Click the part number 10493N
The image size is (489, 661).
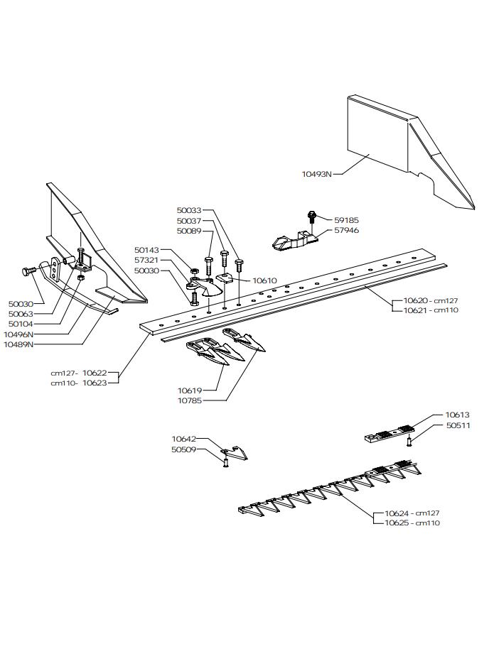tap(317, 173)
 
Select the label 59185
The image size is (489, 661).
tap(346, 220)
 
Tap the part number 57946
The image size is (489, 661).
tap(346, 230)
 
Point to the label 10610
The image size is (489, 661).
tap(264, 280)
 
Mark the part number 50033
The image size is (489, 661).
tap(189, 210)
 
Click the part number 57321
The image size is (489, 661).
tap(147, 261)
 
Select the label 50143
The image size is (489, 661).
tap(147, 250)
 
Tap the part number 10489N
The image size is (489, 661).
tap(18, 344)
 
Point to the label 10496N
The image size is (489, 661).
tap(18, 334)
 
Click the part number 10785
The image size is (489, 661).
tap(190, 400)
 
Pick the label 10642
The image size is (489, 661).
tap(183, 439)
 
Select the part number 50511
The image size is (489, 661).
tap(458, 425)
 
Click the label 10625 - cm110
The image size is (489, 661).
tap(412, 523)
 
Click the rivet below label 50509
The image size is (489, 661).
tap(225, 463)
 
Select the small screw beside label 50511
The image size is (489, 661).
tap(410, 442)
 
